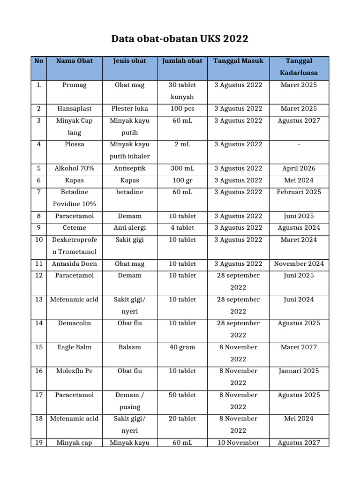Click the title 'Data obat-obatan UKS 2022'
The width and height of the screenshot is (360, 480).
click(x=180, y=38)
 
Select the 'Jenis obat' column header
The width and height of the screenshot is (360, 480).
click(x=129, y=61)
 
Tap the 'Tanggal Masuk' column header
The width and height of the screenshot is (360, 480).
click(x=238, y=61)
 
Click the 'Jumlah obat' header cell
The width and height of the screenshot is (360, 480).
click(x=182, y=61)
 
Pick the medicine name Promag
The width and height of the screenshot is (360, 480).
click(x=75, y=85)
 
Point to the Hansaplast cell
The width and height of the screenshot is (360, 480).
click(x=75, y=109)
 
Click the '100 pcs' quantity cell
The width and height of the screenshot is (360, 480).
click(x=182, y=109)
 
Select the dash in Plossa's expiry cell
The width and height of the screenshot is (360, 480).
click(x=299, y=144)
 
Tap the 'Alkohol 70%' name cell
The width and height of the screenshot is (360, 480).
click(x=75, y=168)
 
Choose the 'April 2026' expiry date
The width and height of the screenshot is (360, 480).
click(x=299, y=168)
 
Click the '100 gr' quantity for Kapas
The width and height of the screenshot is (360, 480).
click(x=182, y=180)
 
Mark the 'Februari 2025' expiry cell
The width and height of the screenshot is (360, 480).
click(x=299, y=192)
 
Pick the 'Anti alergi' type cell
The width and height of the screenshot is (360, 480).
click(x=129, y=228)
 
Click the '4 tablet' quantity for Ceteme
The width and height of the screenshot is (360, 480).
click(x=182, y=228)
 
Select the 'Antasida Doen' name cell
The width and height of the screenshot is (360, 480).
click(x=75, y=264)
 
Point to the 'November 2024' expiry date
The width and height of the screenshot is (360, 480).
click(x=299, y=264)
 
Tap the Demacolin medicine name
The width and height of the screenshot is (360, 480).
click(x=75, y=323)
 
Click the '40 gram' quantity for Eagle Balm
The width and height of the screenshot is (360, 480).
click(x=182, y=347)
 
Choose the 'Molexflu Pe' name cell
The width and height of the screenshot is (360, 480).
click(x=75, y=371)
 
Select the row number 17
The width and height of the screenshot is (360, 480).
click(x=39, y=395)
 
